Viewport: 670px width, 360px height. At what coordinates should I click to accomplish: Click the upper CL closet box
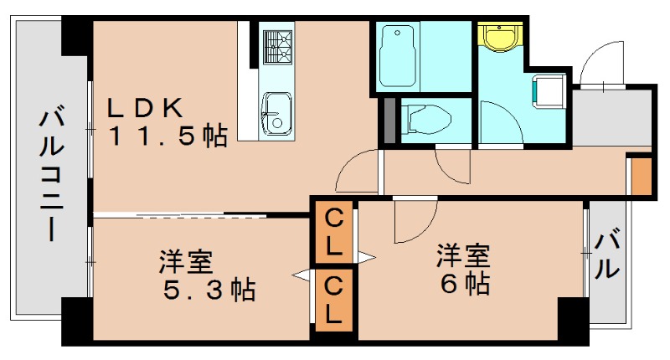tap(333, 234)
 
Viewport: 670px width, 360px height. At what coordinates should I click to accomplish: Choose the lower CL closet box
tap(333, 299)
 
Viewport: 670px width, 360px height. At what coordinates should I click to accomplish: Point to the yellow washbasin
tap(499, 37)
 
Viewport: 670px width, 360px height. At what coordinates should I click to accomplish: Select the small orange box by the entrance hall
tap(640, 175)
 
